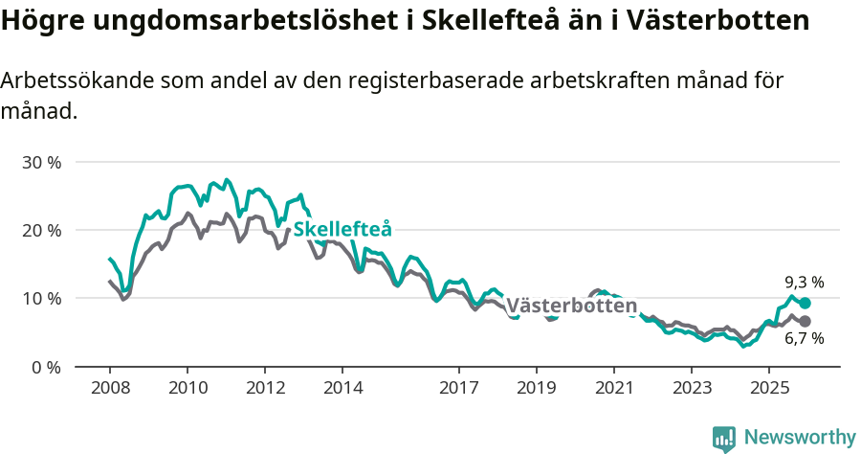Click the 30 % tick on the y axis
(41, 162)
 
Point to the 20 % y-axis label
(41, 230)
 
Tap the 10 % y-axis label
(41, 298)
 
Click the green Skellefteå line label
(342, 230)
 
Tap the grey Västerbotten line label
(571, 306)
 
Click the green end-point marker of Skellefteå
(805, 303)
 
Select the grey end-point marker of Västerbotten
(805, 321)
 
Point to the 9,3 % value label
(804, 283)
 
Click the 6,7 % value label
(804, 338)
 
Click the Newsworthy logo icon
(724, 439)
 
